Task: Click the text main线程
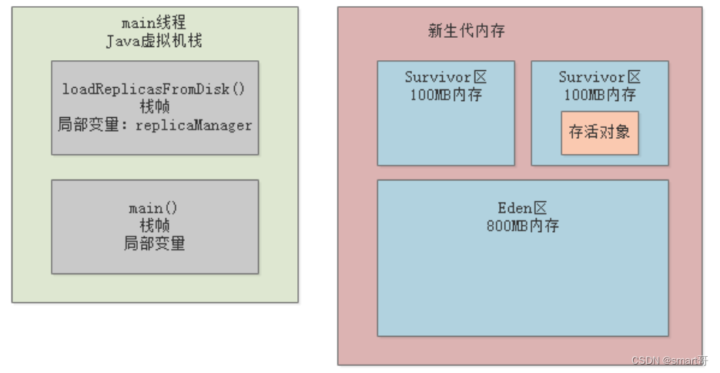[x=154, y=24]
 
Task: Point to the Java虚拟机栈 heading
[x=154, y=41]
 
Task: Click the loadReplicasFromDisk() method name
[x=154, y=89]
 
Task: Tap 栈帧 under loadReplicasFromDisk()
[x=154, y=106]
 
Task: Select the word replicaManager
[x=194, y=125]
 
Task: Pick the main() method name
[x=154, y=209]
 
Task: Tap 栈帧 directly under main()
[x=154, y=226]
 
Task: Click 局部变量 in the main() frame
[x=154, y=244]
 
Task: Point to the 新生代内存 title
[x=466, y=32]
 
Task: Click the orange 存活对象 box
[x=599, y=133]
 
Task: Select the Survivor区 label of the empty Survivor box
[x=446, y=78]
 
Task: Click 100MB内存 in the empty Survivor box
[x=446, y=95]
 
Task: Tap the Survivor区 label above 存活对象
[x=599, y=78]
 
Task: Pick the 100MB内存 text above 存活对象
[x=599, y=95]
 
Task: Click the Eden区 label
[x=522, y=209]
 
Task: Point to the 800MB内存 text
[x=522, y=226]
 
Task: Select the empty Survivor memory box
[x=446, y=131]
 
